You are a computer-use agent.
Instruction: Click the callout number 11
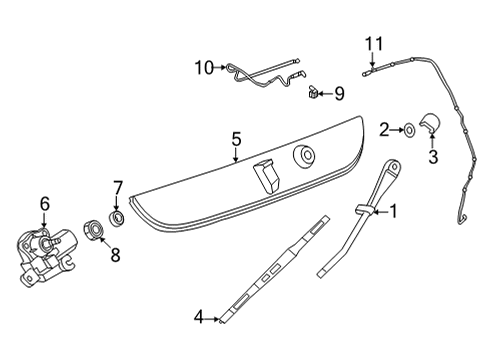pyautogui.click(x=374, y=44)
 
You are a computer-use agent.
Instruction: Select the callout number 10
pyautogui.click(x=204, y=68)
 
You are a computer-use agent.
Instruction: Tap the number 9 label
pyautogui.click(x=339, y=94)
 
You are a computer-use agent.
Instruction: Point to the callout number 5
pyautogui.click(x=236, y=140)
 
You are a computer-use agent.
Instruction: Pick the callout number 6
pyautogui.click(x=45, y=203)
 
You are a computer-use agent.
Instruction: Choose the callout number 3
pyautogui.click(x=433, y=157)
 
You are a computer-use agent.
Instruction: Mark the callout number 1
pyautogui.click(x=394, y=211)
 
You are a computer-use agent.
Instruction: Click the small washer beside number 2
pyautogui.click(x=409, y=130)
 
